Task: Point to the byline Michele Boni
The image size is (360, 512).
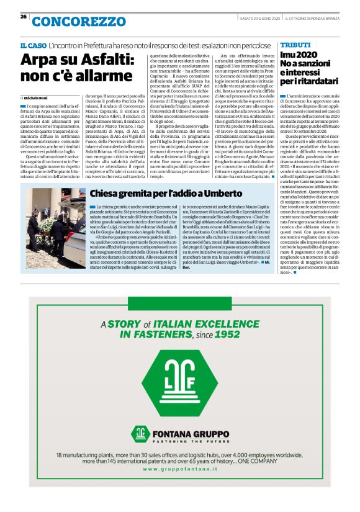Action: pyautogui.click(x=39, y=98)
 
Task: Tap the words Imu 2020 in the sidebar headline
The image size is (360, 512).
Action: pyautogui.click(x=299, y=55)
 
